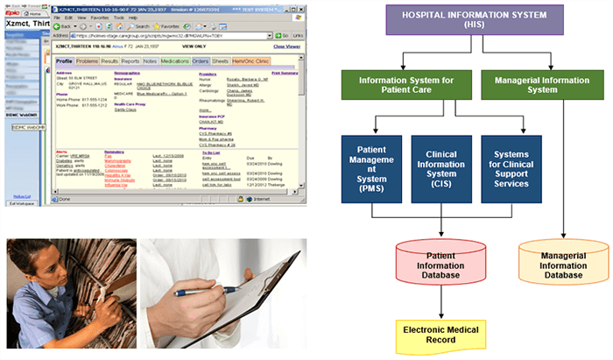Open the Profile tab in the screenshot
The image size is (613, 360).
(64, 61)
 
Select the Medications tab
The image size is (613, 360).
(175, 61)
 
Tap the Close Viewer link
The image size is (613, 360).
(287, 46)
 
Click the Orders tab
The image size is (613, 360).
(200, 61)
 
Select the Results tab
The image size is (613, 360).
(109, 61)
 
